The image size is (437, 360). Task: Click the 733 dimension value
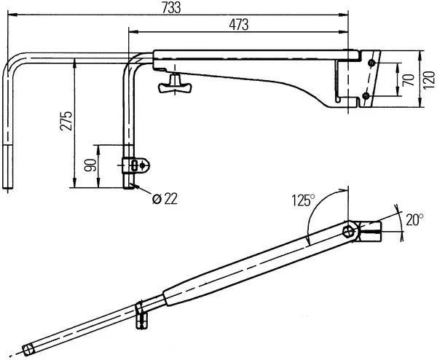pos(171,7)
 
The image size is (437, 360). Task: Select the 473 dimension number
pos(239,25)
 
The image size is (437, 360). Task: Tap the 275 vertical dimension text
pos(66,121)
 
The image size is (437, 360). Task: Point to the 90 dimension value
pos(90,165)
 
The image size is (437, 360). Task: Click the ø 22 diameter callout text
pos(165,199)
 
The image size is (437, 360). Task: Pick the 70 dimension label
pos(409,80)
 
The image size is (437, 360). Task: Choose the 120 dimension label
pos(429,80)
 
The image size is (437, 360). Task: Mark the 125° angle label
pos(303,200)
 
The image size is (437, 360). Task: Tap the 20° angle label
pos(414,220)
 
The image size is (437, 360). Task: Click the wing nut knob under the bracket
pos(175,84)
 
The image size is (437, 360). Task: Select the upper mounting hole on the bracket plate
pos(371,63)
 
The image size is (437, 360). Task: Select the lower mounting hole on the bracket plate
pos(366,96)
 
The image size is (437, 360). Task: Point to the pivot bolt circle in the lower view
pos(348,232)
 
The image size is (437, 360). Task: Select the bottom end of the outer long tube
pos(8,188)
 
